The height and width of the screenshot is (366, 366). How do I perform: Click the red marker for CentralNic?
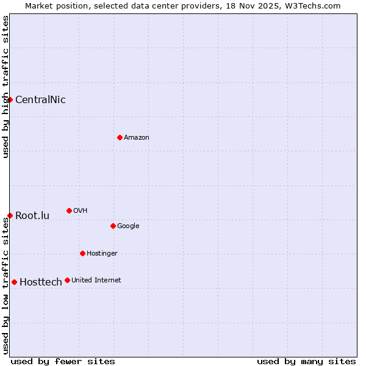pyautogui.click(x=10, y=99)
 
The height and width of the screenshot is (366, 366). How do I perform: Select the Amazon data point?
pyautogui.click(x=120, y=137)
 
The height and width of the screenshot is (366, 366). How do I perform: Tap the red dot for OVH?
pyautogui.click(x=69, y=210)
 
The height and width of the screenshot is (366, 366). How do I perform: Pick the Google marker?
pyautogui.click(x=113, y=226)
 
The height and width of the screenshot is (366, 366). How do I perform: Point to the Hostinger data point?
pyautogui.click(x=82, y=253)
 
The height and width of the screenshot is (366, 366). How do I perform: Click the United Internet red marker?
pyautogui.click(x=67, y=280)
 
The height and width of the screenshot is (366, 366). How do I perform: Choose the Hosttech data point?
pyautogui.click(x=14, y=282)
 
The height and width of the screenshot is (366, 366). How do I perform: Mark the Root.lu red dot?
pyautogui.click(x=10, y=215)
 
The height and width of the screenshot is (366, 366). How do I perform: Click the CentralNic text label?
pyautogui.click(x=40, y=100)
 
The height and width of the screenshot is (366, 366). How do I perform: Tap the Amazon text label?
pyautogui.click(x=137, y=138)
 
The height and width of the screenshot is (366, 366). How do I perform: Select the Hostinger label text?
pyautogui.click(x=102, y=254)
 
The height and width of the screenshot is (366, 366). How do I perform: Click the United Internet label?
pyautogui.click(x=96, y=281)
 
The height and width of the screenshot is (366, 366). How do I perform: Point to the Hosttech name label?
pyautogui.click(x=41, y=282)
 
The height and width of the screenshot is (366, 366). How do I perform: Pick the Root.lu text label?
pyautogui.click(x=32, y=216)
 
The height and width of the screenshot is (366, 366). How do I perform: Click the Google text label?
pyautogui.click(x=128, y=226)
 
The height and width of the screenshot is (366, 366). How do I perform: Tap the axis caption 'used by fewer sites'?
pyautogui.click(x=63, y=362)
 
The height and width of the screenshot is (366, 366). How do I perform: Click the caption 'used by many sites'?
pyautogui.click(x=306, y=362)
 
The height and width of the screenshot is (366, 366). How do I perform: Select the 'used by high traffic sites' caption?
pyautogui.click(x=6, y=87)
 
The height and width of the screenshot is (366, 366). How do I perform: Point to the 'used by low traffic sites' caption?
pyautogui.click(x=6, y=285)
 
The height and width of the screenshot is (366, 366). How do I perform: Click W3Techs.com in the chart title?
pyautogui.click(x=311, y=5)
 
